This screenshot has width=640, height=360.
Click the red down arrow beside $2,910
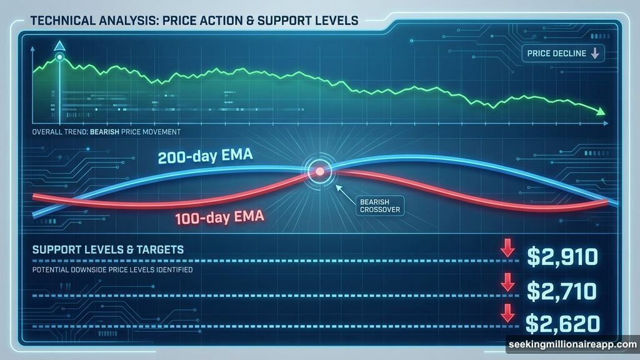507,249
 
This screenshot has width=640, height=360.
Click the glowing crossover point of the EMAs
319,170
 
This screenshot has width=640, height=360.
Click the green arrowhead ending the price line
601,112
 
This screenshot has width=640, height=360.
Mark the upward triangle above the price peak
60,45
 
